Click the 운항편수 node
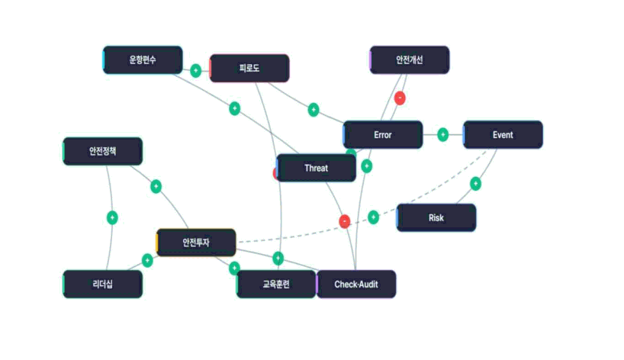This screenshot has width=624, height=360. click(143, 60)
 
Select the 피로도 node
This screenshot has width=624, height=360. click(249, 69)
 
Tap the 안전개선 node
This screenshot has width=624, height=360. click(410, 60)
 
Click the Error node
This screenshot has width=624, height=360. click(383, 135)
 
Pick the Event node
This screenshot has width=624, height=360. click(503, 135)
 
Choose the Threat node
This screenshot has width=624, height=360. click(316, 169)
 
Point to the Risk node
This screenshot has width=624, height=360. click(436, 218)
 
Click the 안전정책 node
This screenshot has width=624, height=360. click(103, 152)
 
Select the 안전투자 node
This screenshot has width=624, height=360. click(196, 243)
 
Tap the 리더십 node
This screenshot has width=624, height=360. click(103, 284)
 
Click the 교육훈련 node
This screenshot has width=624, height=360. click(276, 284)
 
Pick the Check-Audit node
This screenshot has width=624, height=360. click(356, 284)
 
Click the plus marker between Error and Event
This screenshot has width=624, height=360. click(443, 135)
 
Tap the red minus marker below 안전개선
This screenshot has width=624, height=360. click(400, 98)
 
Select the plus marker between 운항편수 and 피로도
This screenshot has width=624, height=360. click(196, 70)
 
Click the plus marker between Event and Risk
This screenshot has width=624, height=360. click(475, 184)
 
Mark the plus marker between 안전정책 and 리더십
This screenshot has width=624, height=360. click(113, 218)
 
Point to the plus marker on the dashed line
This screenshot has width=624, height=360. click(373, 217)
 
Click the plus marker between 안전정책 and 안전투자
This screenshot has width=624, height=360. click(156, 186)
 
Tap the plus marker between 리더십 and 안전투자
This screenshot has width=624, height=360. click(147, 261)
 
